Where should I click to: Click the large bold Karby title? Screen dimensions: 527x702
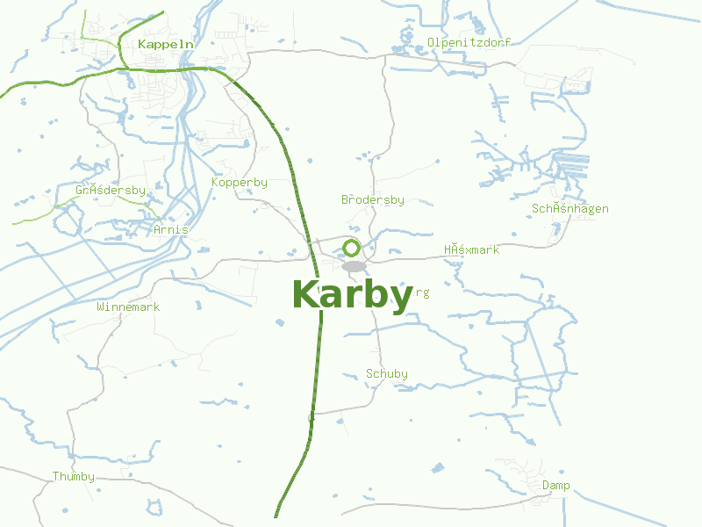pyautogui.click(x=352, y=295)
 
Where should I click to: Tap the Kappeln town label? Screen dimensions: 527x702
pyautogui.click(x=165, y=43)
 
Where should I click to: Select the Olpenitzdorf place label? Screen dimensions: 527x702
pyautogui.click(x=469, y=42)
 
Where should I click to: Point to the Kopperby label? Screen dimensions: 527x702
pyautogui.click(x=240, y=183)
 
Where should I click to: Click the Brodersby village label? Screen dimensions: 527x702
pyautogui.click(x=373, y=200)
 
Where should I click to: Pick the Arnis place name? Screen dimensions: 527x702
pyautogui.click(x=170, y=229)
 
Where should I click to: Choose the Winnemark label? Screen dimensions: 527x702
pyautogui.click(x=128, y=307)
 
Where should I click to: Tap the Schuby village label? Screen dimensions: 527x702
pyautogui.click(x=387, y=374)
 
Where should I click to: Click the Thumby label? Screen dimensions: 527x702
pyautogui.click(x=73, y=477)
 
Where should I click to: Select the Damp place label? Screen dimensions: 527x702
pyautogui.click(x=555, y=486)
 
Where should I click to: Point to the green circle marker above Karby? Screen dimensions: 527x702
pyautogui.click(x=352, y=248)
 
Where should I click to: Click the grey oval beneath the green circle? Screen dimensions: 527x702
pyautogui.click(x=354, y=266)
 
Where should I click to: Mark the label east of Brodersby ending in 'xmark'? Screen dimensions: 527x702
pyautogui.click(x=471, y=250)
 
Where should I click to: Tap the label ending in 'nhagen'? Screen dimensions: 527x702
pyautogui.click(x=569, y=209)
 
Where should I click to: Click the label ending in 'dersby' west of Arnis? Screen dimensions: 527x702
pyautogui.click(x=111, y=190)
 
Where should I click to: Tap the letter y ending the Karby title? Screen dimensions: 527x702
pyautogui.click(x=399, y=299)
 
